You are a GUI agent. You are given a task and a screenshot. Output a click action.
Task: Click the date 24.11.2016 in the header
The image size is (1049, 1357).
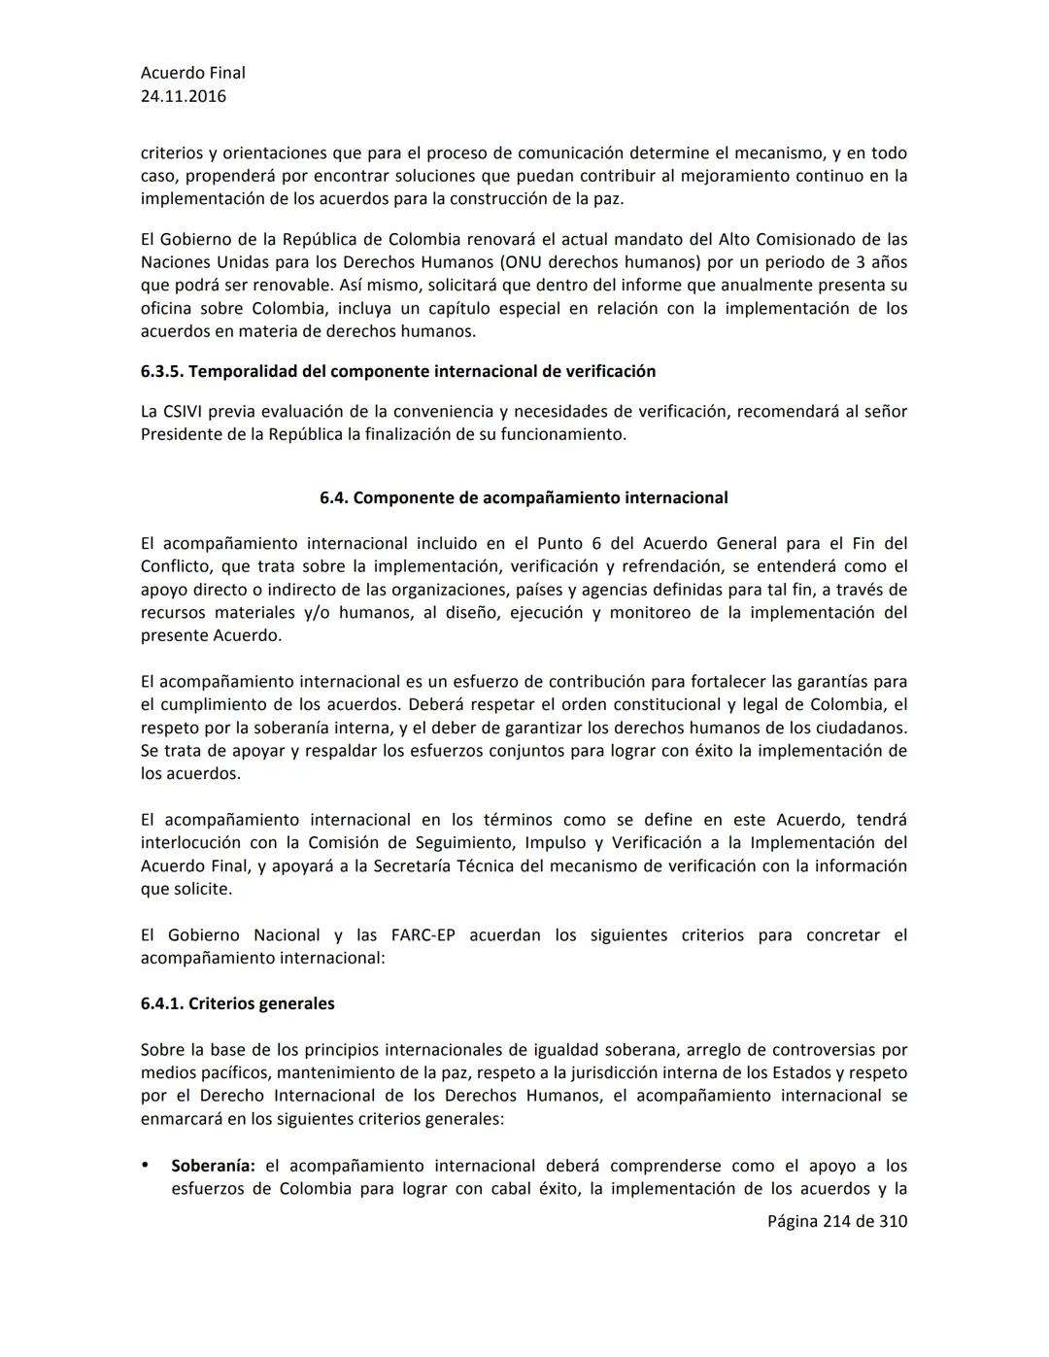(184, 96)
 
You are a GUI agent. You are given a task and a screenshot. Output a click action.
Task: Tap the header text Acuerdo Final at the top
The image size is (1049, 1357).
(193, 73)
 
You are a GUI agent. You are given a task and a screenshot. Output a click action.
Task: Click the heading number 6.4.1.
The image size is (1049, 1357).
(162, 1003)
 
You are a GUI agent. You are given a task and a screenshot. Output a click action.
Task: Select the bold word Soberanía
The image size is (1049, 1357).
(213, 1166)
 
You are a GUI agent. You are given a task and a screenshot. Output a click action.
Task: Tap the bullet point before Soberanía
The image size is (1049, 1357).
(146, 1165)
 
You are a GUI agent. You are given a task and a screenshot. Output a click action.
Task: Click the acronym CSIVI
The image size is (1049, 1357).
(184, 411)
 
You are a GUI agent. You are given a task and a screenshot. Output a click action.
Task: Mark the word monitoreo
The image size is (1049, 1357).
(650, 613)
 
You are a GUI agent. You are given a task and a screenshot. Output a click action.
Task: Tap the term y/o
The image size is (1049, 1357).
(317, 613)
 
